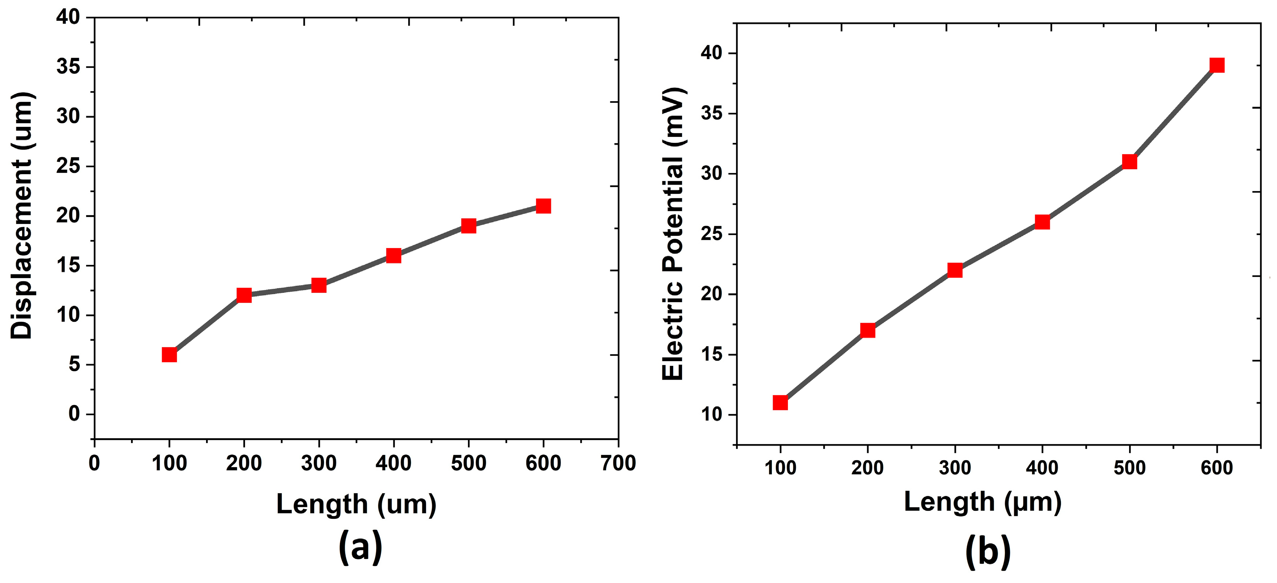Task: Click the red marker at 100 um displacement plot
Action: pos(169,355)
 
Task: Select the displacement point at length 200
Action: pos(244,295)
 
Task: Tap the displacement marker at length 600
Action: pos(543,206)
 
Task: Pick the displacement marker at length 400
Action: pos(394,256)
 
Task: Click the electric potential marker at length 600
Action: pos(1217,65)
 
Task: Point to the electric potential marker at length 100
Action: pos(780,402)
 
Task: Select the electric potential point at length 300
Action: pos(955,270)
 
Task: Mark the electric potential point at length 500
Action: pos(1129,162)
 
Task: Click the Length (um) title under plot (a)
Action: pos(356,505)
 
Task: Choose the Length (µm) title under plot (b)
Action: pos(983,502)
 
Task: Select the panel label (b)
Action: pos(988,552)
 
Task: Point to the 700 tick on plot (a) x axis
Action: pos(618,463)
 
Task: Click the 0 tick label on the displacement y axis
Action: pos(74,413)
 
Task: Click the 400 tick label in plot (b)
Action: pos(1042,468)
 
